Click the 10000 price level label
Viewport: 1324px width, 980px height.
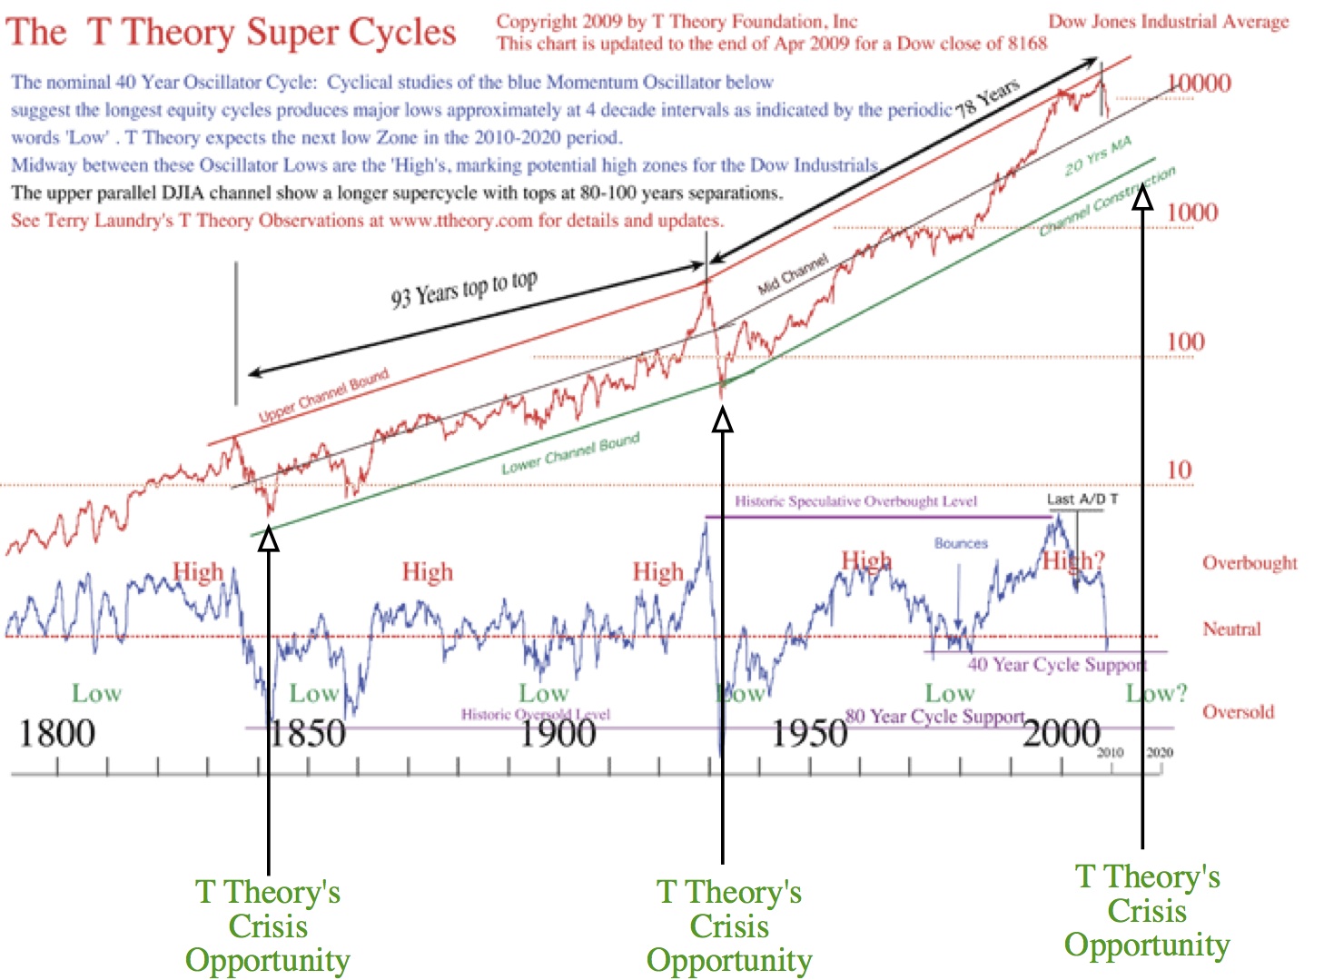(x=1199, y=84)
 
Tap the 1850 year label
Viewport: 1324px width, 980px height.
(x=307, y=734)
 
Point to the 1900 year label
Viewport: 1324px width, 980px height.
(x=558, y=734)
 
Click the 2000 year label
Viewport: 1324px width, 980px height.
(x=1062, y=734)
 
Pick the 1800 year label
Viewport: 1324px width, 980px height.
(x=56, y=734)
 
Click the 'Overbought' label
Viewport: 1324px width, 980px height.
(x=1250, y=563)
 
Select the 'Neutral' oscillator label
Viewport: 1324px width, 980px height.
(x=1231, y=629)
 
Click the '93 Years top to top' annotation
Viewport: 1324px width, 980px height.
(x=464, y=289)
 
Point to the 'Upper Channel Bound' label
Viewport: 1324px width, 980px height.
(x=323, y=395)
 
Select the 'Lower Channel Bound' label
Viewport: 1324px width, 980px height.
(x=570, y=453)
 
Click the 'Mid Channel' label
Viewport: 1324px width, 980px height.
(x=793, y=274)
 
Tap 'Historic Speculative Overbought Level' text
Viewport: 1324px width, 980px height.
(x=855, y=501)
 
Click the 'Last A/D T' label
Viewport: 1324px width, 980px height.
(x=1082, y=499)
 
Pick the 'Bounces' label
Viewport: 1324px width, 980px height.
(x=961, y=543)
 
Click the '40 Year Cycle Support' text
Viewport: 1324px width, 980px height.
(x=1056, y=665)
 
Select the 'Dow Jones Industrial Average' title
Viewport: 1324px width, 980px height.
(x=1168, y=22)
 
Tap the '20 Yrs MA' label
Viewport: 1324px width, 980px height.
(x=1098, y=156)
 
